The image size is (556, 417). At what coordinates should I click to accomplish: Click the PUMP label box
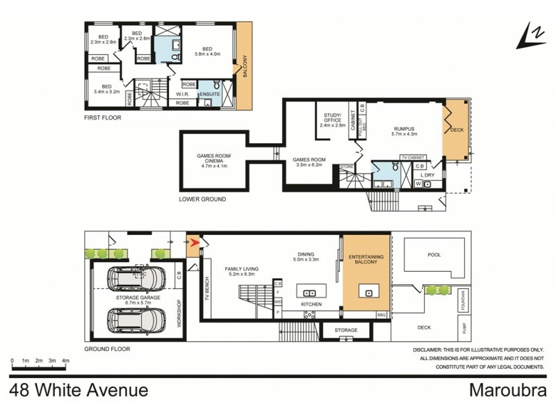coord(462,326)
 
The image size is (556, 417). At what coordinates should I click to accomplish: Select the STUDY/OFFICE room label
coord(332,121)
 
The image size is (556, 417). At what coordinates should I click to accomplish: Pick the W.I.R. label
coord(183,93)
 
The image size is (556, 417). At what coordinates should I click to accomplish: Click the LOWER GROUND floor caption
coord(202,199)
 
